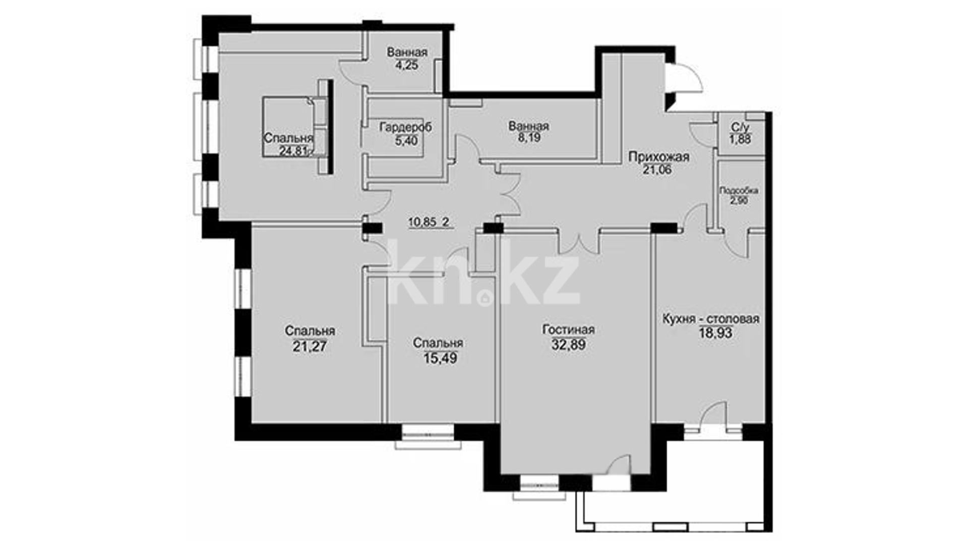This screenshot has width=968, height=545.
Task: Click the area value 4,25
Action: [406, 65]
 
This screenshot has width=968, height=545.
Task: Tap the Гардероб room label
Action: [405, 128]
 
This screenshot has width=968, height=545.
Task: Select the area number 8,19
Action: [528, 137]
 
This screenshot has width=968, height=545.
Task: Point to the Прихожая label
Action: [658, 157]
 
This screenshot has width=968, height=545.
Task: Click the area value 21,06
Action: [657, 170]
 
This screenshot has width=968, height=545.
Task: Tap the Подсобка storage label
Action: [739, 191]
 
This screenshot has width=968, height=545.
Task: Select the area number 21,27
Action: [310, 346]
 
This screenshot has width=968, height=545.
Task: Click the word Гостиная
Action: [568, 330]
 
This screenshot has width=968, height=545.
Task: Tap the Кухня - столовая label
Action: [711, 319]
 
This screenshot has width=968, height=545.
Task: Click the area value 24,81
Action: [293, 150]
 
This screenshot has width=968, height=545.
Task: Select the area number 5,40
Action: [406, 140]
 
